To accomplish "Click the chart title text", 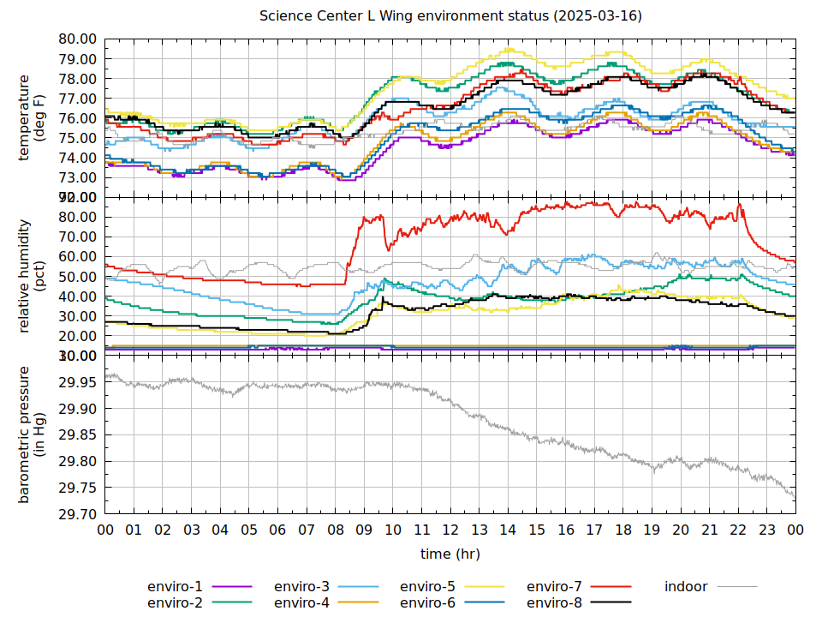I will click(450, 16).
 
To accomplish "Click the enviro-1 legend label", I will click(175, 587).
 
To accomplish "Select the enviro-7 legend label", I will click(554, 587).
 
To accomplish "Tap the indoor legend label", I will click(686, 587).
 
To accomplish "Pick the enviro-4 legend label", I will click(301, 603).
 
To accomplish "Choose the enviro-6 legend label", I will click(427, 603).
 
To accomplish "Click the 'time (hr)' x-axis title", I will click(450, 554).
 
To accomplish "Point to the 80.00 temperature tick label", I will click(77, 39).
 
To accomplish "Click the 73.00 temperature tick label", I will click(77, 177).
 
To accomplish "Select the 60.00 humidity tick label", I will click(77, 256).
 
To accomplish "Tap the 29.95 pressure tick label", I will click(77, 382).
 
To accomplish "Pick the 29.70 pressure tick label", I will click(77, 514).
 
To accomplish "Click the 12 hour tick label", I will click(450, 530).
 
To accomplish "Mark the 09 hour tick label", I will click(364, 530).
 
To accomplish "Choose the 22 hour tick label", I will click(738, 530).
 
